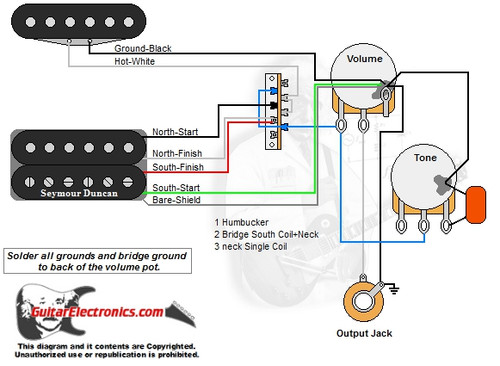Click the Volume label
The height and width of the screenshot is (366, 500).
(x=363, y=58)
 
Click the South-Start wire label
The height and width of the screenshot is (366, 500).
(x=176, y=188)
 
